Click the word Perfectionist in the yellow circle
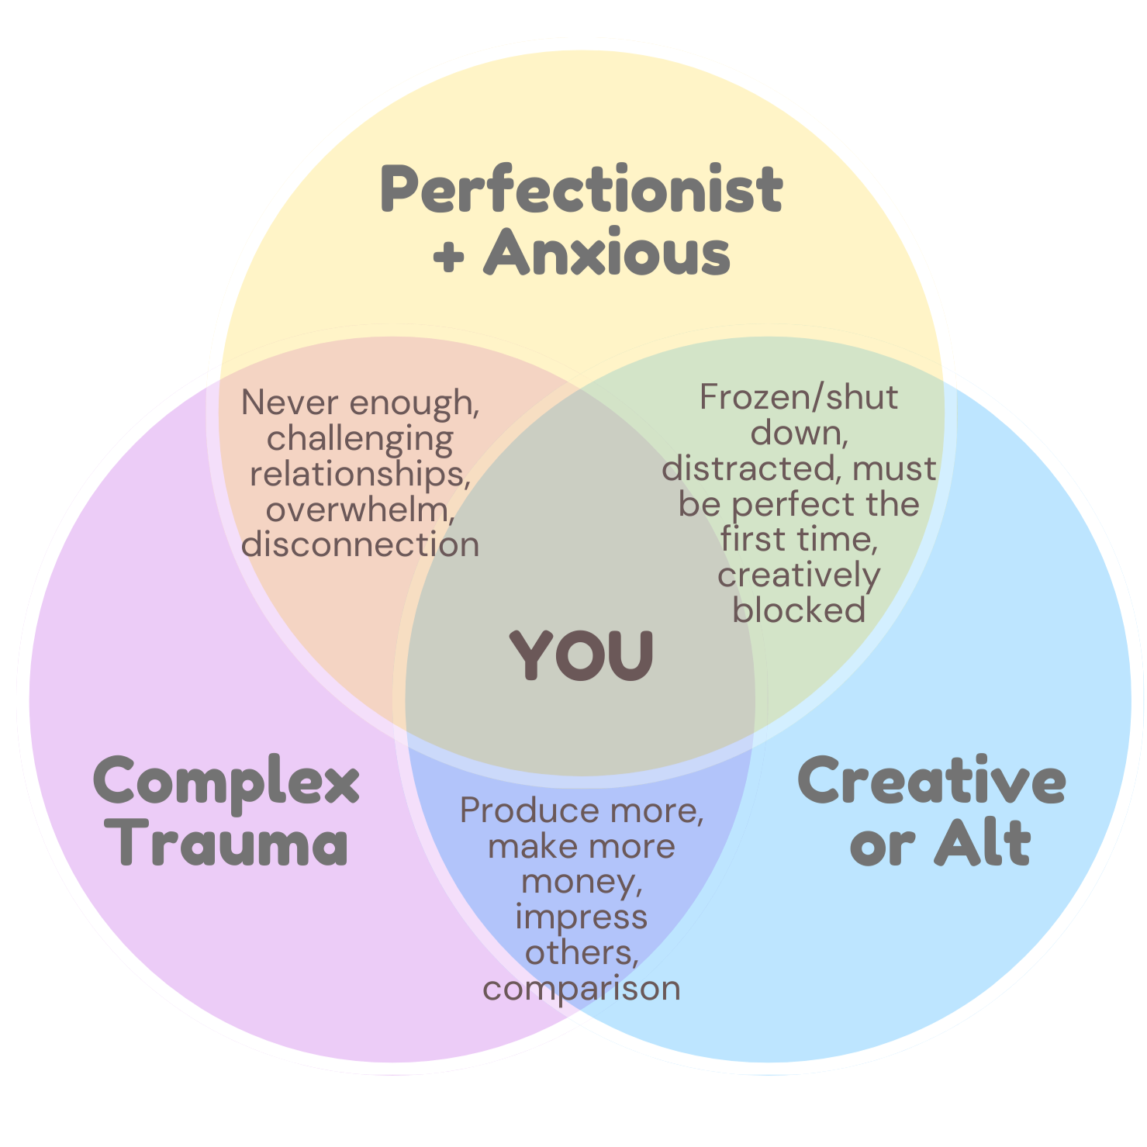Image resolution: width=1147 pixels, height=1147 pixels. click(x=581, y=190)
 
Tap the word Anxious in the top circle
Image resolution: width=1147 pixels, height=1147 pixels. click(x=607, y=254)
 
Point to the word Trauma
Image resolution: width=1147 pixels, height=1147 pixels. click(x=232, y=844)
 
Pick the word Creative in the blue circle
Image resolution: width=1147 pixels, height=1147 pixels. click(x=931, y=782)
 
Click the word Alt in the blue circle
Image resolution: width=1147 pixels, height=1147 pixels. click(x=982, y=844)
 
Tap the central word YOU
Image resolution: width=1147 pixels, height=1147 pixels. click(x=582, y=656)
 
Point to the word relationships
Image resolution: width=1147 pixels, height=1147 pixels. click(x=360, y=474)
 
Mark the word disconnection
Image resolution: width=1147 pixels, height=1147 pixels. click(x=360, y=544)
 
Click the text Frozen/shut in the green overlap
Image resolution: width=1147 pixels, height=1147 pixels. click(x=799, y=398)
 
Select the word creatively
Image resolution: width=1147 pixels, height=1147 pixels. click(x=799, y=576)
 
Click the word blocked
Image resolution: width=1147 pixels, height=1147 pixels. click(x=799, y=610)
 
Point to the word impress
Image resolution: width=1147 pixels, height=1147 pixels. click(x=581, y=917)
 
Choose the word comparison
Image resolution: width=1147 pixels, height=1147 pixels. click(x=581, y=989)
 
